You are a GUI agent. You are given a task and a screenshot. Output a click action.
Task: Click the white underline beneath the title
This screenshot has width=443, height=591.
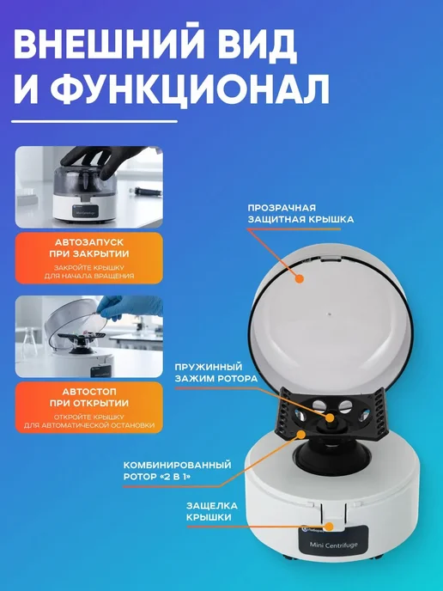coord(94,121)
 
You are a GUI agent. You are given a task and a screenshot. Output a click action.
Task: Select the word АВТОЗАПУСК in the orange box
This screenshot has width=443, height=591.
coord(89,242)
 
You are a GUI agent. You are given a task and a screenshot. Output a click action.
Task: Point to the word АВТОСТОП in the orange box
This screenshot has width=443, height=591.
coord(89,392)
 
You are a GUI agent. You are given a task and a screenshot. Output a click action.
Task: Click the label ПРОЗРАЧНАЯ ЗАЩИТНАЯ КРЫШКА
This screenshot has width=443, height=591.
coord(300,213)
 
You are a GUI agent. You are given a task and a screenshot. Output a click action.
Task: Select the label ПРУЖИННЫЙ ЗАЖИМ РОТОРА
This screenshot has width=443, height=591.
coord(215,373)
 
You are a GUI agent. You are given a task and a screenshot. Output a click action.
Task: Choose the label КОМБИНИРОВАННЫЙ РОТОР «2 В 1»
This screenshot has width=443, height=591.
coord(177,471)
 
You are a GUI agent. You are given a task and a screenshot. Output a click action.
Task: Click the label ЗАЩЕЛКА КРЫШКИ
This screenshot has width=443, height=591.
coord(212,511)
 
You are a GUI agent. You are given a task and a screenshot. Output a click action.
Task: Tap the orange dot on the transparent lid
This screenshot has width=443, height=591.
coord(300,279)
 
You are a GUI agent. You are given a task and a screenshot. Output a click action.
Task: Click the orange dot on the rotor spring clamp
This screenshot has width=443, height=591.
coord(330,418)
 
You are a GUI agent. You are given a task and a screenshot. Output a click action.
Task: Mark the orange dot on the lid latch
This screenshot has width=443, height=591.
coord(330,527)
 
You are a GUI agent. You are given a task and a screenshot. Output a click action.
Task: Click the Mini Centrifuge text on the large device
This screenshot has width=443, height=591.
coord(333,545)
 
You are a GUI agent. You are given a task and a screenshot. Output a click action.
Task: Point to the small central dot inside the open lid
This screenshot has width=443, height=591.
coord(330,314)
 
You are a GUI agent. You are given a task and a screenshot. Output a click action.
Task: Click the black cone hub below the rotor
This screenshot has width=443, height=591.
coord(327,455)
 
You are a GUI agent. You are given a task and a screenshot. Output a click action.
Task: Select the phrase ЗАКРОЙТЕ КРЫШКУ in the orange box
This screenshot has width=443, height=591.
coord(89,268)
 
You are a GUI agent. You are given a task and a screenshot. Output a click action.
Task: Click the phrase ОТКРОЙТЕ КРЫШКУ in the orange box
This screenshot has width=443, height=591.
coord(89,417)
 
